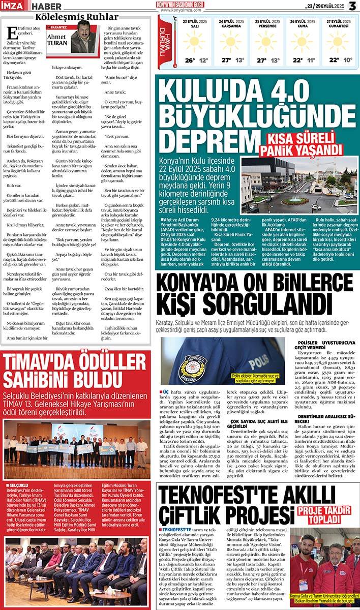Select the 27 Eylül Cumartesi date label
(337, 24)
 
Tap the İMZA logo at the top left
(14, 6)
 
